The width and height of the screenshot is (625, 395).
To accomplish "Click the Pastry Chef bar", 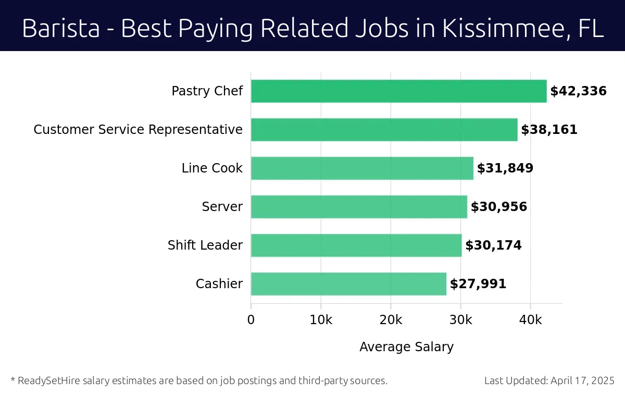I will (398, 91).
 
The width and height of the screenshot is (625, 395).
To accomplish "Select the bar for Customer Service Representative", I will (384, 130).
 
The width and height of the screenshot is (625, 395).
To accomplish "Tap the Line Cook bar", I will (362, 168).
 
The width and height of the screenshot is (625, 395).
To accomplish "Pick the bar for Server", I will (359, 207).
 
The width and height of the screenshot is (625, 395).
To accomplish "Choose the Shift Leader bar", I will (356, 245).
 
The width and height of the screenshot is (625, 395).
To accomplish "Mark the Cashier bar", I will (348, 284).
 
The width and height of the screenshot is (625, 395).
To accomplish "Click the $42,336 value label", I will (578, 91).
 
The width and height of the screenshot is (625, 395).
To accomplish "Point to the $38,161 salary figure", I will (549, 130).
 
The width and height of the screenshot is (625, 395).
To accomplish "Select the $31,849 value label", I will (505, 168).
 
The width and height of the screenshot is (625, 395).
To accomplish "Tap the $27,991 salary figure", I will (478, 284).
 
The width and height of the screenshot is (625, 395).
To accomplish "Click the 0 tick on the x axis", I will (251, 319).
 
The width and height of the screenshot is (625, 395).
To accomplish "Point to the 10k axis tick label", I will (321, 319).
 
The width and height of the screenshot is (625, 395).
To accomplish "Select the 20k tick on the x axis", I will (391, 319).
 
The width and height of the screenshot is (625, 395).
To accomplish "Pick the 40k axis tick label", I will (530, 319).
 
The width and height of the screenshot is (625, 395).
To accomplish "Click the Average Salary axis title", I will (406, 347).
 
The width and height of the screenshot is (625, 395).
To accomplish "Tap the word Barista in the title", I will (60, 29).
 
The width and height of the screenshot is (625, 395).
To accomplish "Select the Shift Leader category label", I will (205, 245).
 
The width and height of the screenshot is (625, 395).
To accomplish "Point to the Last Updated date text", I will (549, 380).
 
